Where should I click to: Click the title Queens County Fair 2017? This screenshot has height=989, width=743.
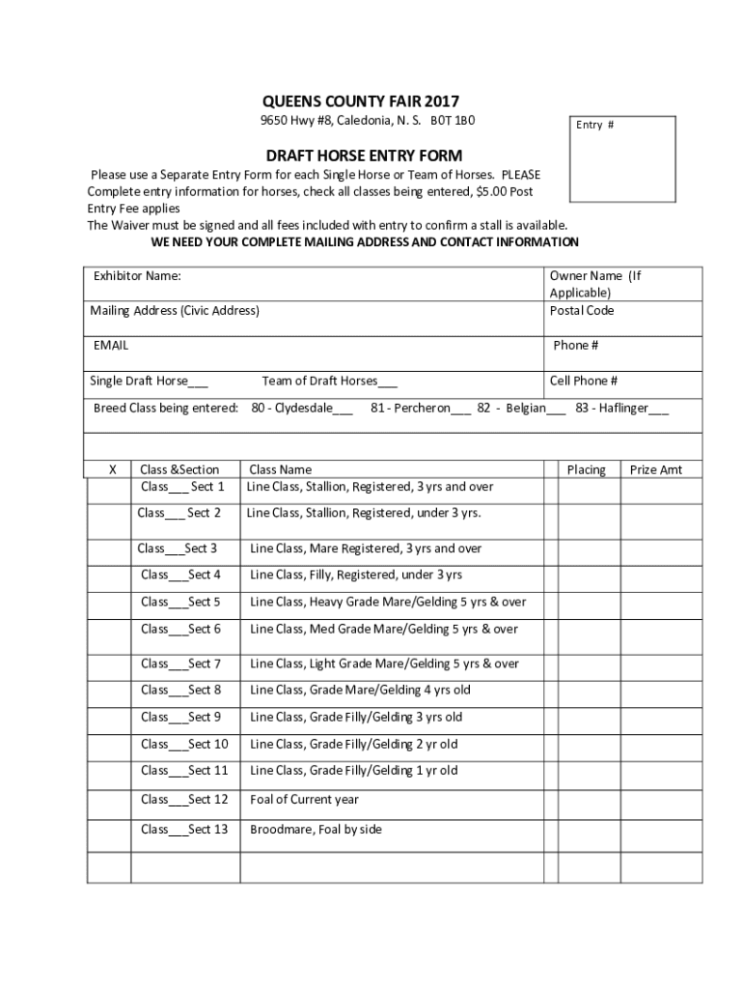[x=361, y=101]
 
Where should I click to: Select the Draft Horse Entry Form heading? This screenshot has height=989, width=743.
[x=364, y=155]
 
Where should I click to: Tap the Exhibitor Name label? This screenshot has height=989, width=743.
[x=137, y=276]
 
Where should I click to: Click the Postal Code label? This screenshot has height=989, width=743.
[x=581, y=311]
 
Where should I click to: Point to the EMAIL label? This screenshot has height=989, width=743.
[x=111, y=345]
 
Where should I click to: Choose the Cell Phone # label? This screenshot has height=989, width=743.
[x=584, y=381]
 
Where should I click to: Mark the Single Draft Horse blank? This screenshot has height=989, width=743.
[x=198, y=382]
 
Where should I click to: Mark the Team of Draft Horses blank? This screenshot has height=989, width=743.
[x=387, y=382]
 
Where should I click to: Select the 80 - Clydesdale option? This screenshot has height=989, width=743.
[x=301, y=409]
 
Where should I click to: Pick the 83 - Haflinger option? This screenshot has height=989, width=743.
[x=621, y=409]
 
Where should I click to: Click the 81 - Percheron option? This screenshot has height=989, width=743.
[x=420, y=409]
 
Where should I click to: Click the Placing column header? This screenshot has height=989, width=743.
[x=586, y=469]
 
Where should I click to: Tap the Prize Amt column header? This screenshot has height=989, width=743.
[x=655, y=469]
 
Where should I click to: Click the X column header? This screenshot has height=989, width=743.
[x=112, y=469]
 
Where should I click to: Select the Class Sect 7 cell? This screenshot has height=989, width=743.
[x=180, y=664]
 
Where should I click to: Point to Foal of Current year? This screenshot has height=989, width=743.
[x=304, y=799]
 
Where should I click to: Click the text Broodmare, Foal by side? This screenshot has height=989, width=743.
[x=316, y=829]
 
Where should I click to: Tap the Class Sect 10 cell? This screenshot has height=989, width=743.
[x=183, y=744]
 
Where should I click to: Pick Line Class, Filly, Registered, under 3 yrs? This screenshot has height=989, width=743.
[x=356, y=575]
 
